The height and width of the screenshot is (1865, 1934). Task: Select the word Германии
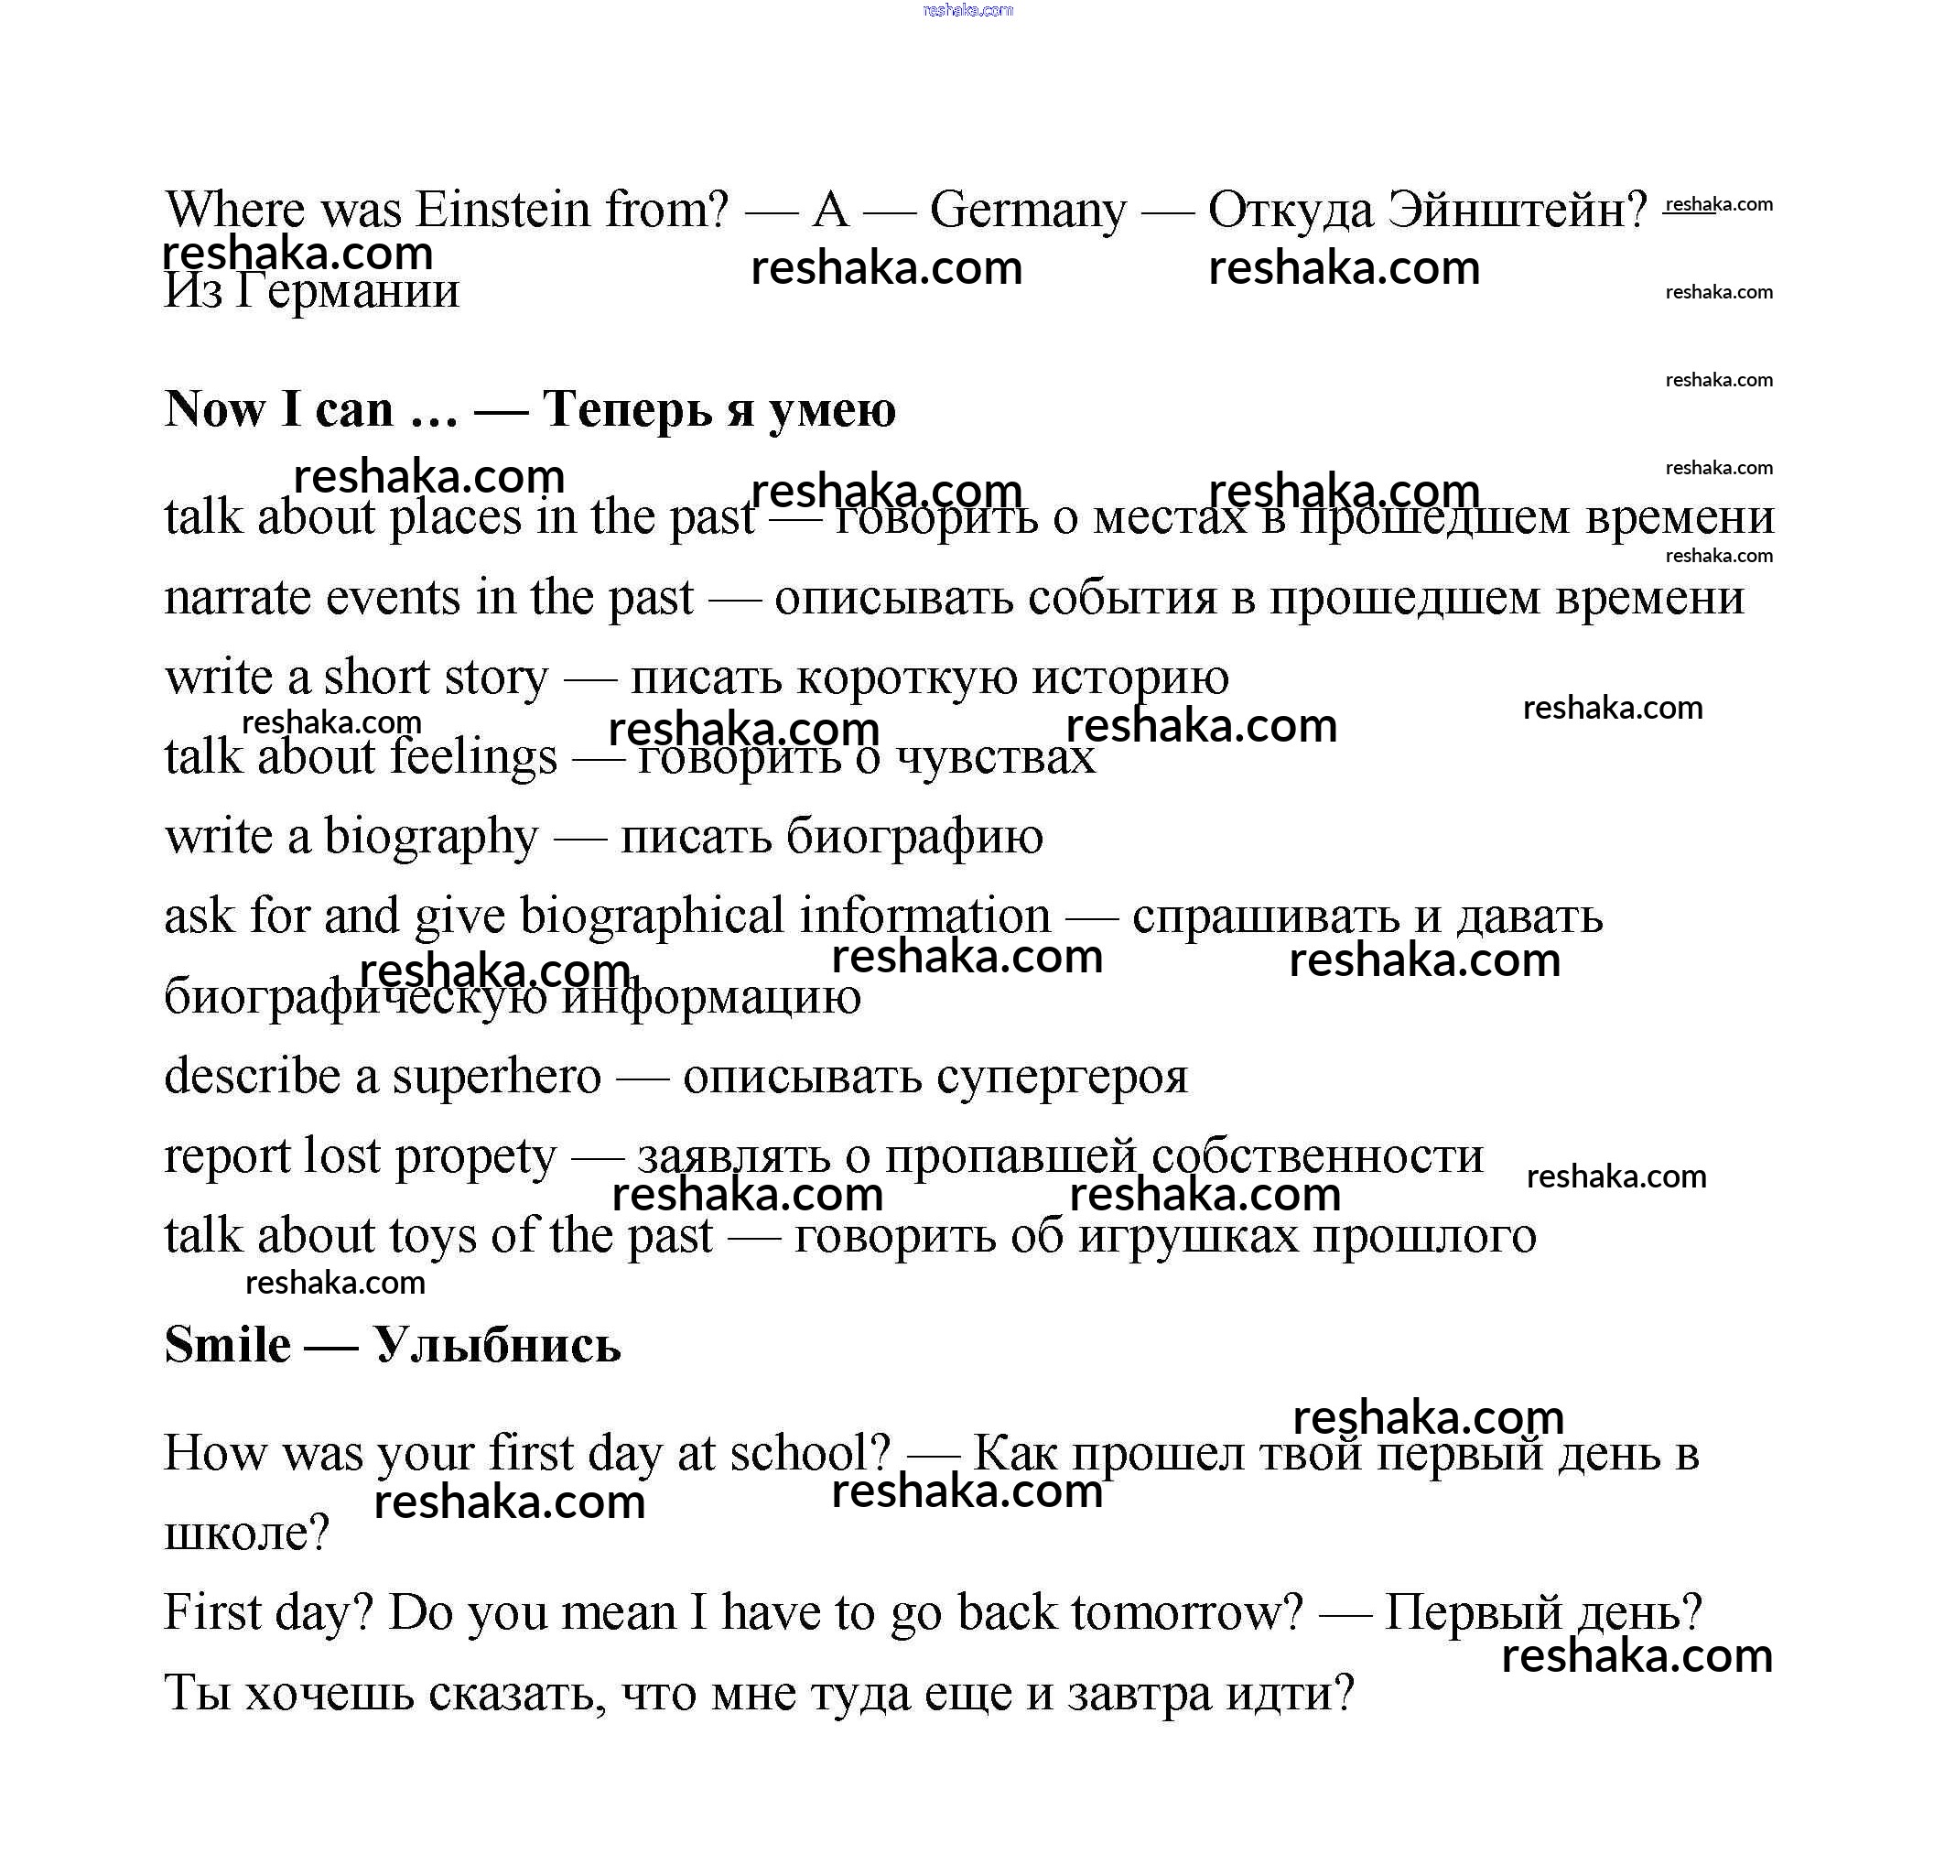coord(347,292)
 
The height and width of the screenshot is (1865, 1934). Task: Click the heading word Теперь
coord(627,409)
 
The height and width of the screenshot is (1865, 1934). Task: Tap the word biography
coord(431,838)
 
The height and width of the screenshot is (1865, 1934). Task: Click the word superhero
coord(496,1077)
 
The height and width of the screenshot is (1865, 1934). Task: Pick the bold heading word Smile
coord(228,1345)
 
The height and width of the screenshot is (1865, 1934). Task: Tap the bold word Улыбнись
coord(497,1345)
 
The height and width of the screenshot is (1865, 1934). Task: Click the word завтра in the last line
coord(1140,1693)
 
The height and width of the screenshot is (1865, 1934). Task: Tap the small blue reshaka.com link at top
coord(967,10)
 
